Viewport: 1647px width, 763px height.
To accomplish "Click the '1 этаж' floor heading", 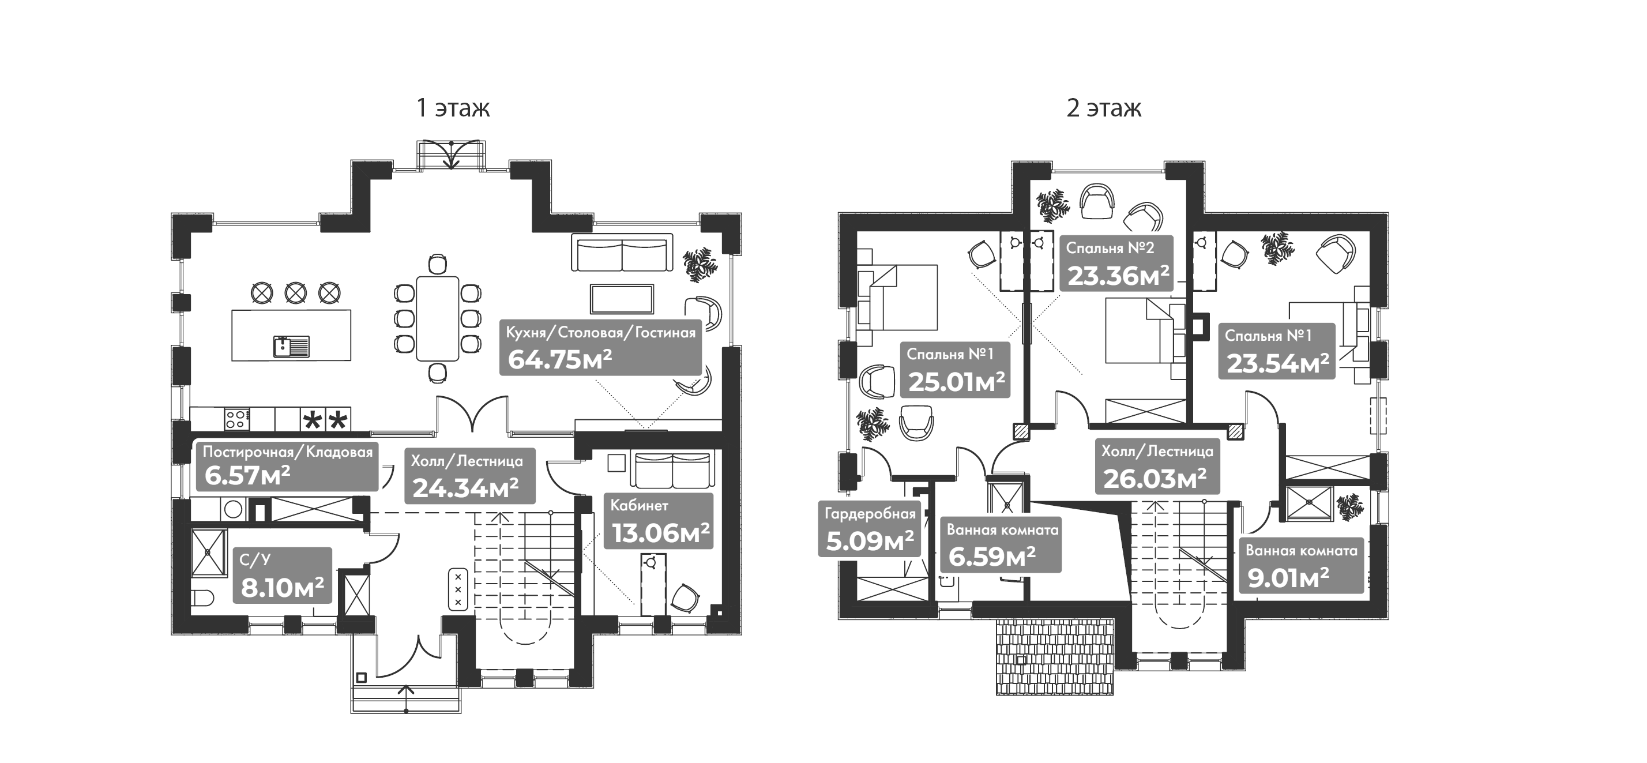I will tap(453, 108).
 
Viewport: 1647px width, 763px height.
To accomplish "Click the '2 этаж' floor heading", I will tap(1104, 108).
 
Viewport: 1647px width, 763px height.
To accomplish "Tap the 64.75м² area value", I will tap(559, 359).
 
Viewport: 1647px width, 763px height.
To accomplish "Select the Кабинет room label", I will tap(639, 505).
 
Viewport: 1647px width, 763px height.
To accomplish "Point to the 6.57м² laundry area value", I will tap(247, 476).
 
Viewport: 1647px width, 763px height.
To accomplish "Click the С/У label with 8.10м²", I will tap(255, 560).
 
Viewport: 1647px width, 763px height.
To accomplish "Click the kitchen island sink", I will tap(291, 346).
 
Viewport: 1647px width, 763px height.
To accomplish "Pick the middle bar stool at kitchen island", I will tap(295, 293).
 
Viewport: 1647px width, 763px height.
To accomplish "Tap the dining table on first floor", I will tap(437, 318).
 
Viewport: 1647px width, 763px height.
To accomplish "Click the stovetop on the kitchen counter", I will tap(236, 419).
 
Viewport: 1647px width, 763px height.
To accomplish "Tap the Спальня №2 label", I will tap(1110, 248).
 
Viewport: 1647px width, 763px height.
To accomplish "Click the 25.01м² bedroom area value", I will tap(957, 382).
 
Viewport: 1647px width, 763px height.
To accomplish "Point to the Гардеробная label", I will tap(870, 514).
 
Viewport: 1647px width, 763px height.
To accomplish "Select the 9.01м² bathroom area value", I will tap(1288, 579).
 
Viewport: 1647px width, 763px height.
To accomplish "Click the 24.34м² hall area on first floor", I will tap(465, 488).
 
